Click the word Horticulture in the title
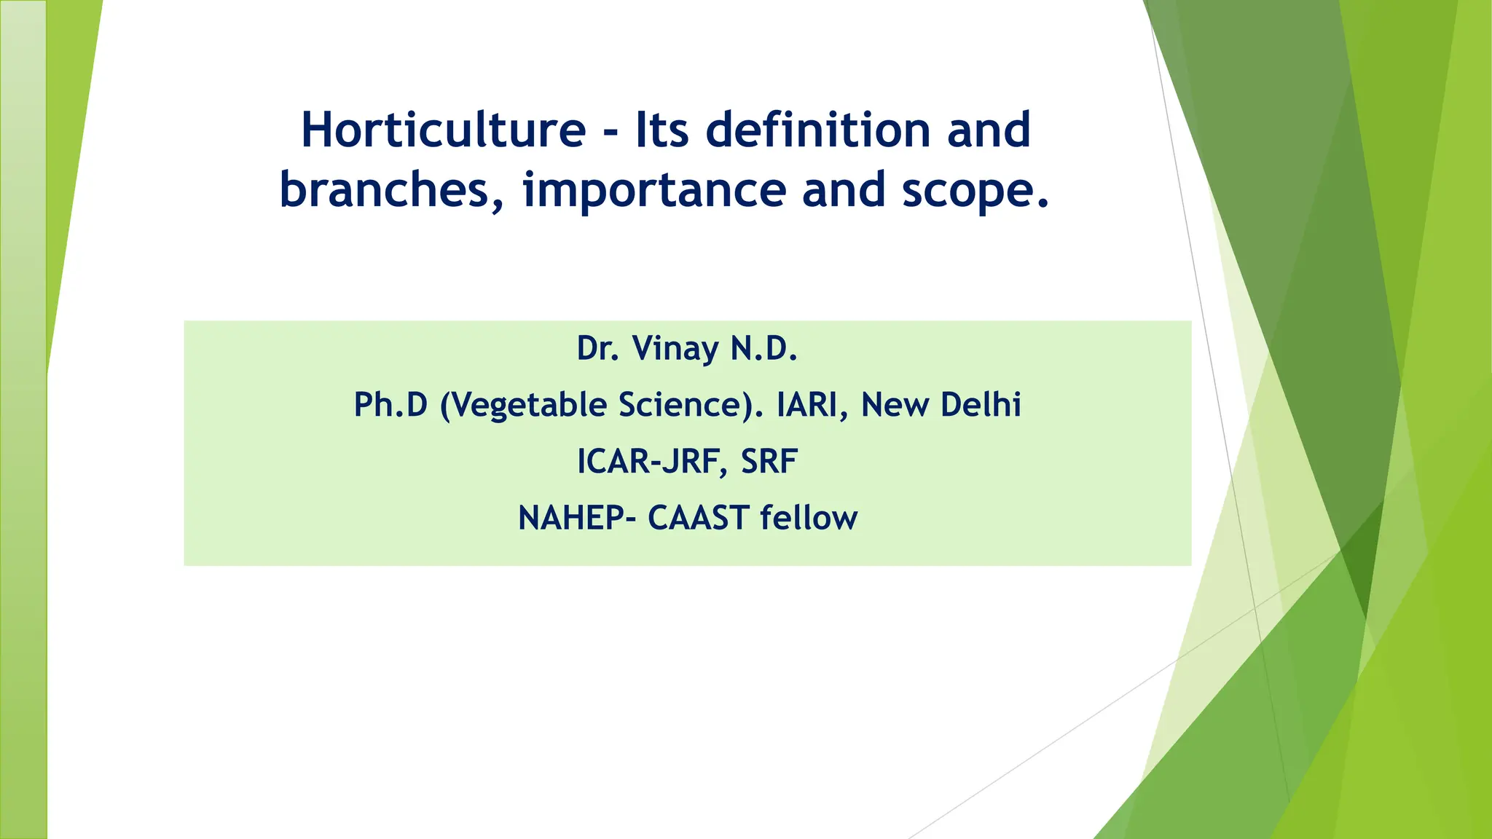[x=443, y=130]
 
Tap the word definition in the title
[x=818, y=130]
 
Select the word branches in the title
[x=390, y=190]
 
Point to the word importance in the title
[x=654, y=190]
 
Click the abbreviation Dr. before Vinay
[x=597, y=348]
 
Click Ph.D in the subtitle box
[x=390, y=405]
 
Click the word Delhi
[x=981, y=405]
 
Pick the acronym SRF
[x=769, y=462]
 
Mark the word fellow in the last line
[x=809, y=519]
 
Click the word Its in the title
[x=662, y=130]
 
